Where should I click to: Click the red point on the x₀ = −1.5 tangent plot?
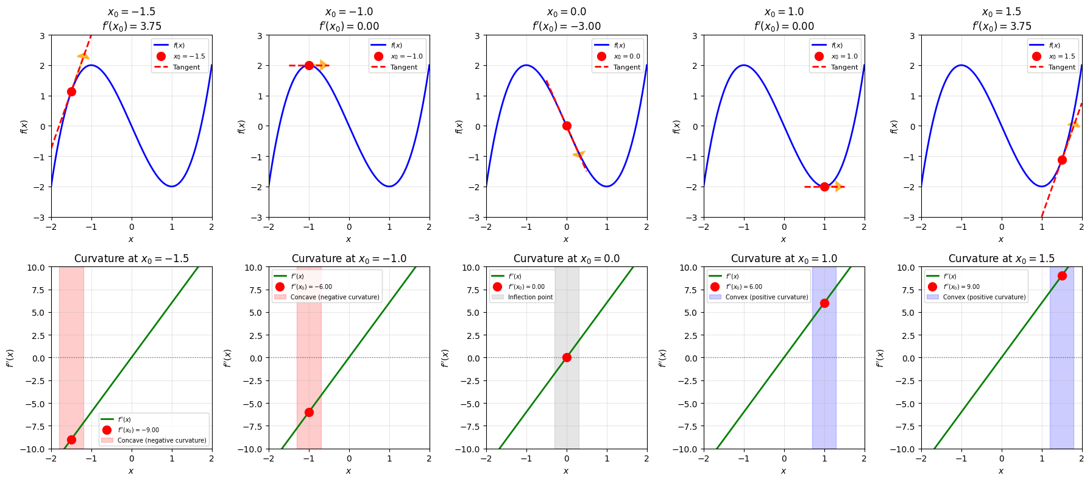71,91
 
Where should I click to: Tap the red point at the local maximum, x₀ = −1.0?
309,65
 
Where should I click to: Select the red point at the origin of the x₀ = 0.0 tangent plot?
567,126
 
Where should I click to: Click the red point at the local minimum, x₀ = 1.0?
824,187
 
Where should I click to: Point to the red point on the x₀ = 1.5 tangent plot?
1062,160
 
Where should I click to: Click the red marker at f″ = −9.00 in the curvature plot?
71,440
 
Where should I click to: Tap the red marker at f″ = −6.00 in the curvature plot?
309,412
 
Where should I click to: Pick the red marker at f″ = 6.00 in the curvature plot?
824,303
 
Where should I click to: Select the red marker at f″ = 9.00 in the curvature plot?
1062,276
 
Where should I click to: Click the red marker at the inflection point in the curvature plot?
567,357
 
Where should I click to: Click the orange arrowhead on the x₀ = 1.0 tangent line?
838,187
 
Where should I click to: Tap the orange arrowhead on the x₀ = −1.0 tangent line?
323,65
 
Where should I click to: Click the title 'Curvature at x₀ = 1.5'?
1001,258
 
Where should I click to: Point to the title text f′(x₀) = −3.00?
566,26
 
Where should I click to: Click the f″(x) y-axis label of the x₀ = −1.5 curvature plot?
10,358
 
